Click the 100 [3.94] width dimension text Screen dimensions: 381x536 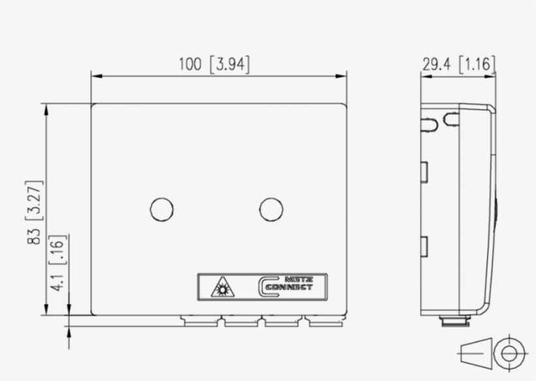[x=215, y=64]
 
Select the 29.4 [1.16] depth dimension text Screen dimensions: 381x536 [x=458, y=64]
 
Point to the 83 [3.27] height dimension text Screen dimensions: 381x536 [x=36, y=212]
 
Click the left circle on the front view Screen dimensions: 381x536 [x=161, y=210]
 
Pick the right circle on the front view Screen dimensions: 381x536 [x=271, y=210]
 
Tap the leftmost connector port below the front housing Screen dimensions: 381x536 [x=201, y=321]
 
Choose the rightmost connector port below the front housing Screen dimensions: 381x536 [x=325, y=321]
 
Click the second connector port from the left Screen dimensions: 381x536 [x=242, y=321]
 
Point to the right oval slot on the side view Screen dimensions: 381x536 [x=451, y=120]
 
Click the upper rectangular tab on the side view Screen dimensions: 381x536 [x=424, y=172]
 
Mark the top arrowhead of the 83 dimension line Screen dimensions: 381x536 [x=46, y=108]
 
